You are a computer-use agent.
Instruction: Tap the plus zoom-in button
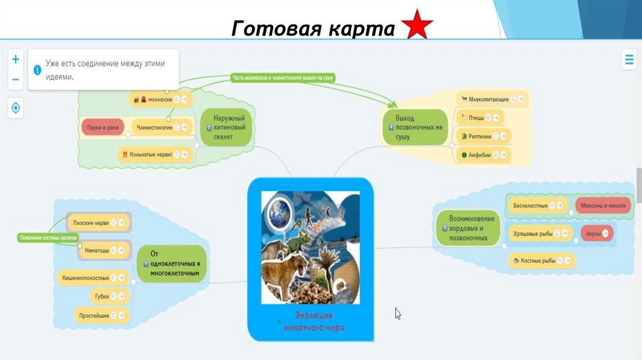(16, 60)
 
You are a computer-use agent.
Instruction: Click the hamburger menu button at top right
(628, 60)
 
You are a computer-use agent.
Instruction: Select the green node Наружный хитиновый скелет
(228, 127)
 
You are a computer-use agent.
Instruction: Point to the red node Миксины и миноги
(602, 206)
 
